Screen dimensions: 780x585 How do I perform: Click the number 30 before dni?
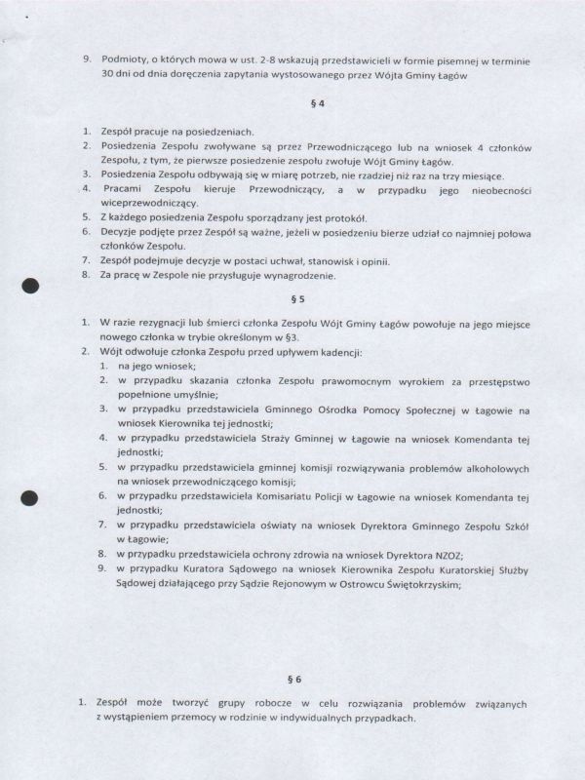click(108, 74)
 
